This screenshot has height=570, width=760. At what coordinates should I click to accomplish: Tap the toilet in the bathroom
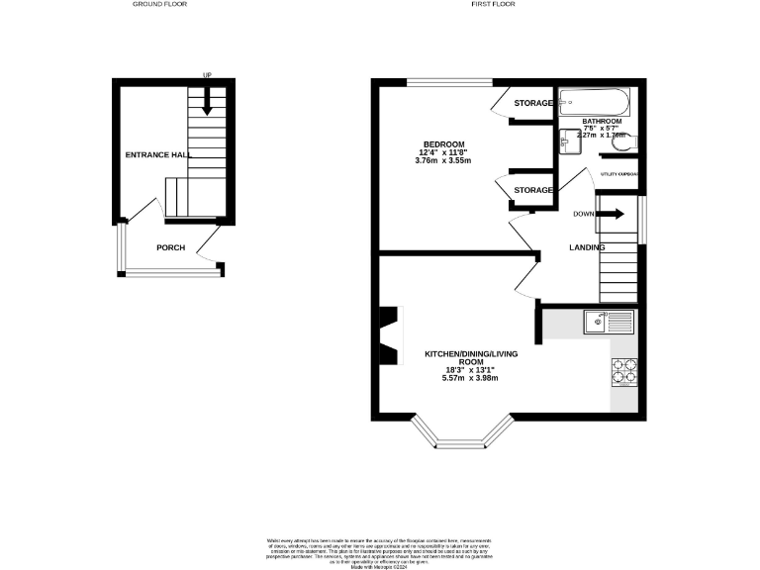pos(621,146)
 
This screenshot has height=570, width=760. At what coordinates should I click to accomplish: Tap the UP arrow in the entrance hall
pos(208,97)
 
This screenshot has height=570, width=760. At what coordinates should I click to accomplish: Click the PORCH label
pos(170,247)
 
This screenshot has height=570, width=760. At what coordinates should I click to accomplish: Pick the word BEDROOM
pos(444,144)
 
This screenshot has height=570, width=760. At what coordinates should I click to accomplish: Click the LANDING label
pos(586,247)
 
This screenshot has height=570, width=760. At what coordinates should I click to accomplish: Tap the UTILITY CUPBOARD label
pos(619,174)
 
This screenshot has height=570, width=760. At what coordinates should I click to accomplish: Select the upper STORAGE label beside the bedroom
pos(532,102)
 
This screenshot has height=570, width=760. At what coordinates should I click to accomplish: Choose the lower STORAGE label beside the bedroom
pos(532,189)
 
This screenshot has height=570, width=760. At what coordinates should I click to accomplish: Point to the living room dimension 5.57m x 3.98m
pos(469,378)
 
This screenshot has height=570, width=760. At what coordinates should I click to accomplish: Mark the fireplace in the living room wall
pos(389,335)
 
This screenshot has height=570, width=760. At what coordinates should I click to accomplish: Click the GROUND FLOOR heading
pos(159,4)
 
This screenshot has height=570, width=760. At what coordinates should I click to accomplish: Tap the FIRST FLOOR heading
pos(493,4)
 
